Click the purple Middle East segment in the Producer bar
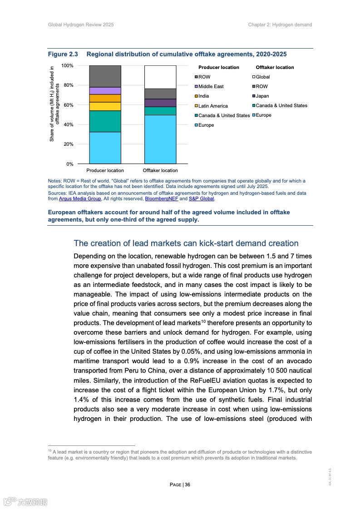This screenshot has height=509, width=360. (105, 90)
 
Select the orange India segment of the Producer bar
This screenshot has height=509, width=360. (105, 98)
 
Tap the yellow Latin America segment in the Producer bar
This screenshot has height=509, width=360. (105, 106)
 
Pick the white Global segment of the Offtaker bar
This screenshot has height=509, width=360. (160, 77)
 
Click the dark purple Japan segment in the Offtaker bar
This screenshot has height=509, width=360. (160, 103)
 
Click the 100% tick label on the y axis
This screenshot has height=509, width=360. (67, 66)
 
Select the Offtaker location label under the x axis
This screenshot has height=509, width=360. (160, 171)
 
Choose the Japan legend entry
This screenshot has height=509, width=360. (262, 96)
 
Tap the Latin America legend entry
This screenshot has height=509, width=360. (213, 106)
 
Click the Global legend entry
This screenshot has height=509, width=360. (262, 77)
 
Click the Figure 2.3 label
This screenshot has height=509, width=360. (63, 54)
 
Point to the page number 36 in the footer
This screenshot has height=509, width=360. (187, 484)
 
